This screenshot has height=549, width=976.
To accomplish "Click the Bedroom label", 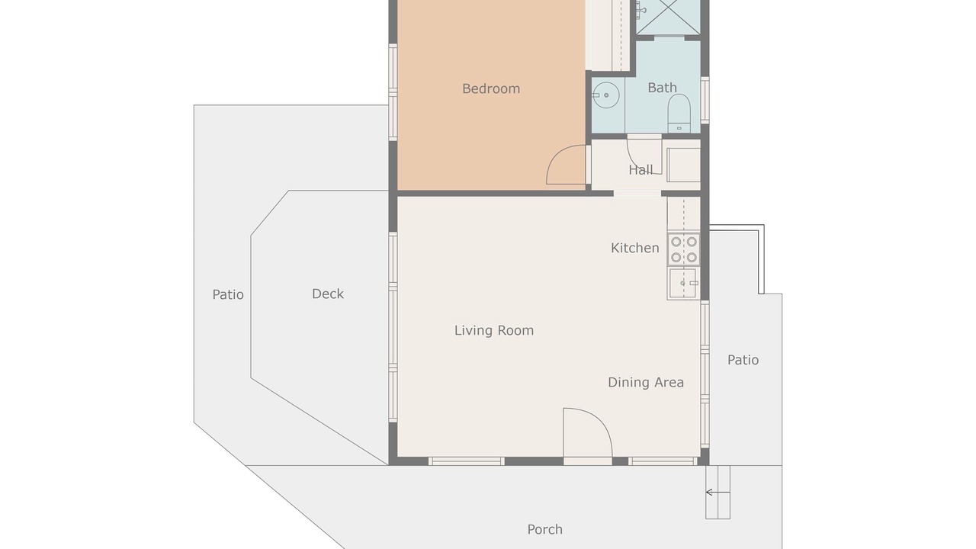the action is pos(491,89).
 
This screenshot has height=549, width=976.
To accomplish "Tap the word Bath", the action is pos(663,88).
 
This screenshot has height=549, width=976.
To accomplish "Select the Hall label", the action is pos(640,170).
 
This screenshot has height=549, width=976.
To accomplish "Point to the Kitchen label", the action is pos(635,248).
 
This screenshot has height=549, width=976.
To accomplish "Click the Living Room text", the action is pos(494,330).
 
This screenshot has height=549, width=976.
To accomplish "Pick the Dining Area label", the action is pos(646,382).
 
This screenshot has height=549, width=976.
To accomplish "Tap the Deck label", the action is pos(328,294).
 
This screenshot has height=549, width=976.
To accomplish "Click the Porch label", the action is pos(544,529).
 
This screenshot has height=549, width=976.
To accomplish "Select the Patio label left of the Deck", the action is pos(228,294).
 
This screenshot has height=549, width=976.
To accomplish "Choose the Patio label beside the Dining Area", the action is pos(743,360).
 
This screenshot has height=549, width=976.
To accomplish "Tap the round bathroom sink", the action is pos(605,95).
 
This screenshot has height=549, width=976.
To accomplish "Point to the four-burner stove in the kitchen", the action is pos(684,249).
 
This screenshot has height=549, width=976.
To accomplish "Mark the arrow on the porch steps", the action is pos(718,493).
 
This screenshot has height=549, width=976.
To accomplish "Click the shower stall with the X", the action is pos(668,17).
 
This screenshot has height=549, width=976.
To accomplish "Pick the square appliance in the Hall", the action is pos(684,165).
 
